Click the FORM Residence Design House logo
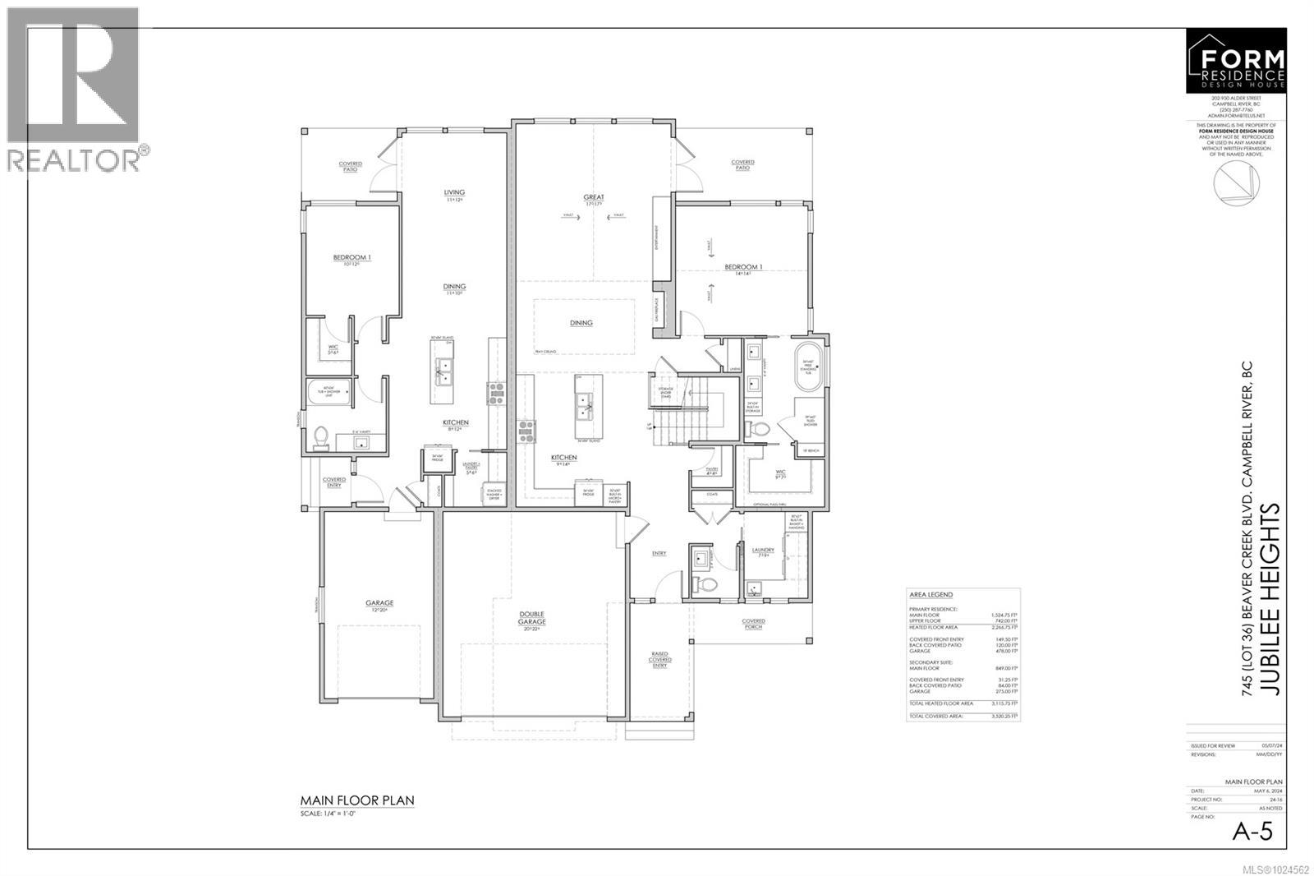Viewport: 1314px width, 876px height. click(1237, 61)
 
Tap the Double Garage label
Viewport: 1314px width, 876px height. click(532, 618)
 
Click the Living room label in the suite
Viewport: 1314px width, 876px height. click(454, 196)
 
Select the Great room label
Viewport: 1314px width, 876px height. click(593, 200)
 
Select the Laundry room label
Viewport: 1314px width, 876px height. click(763, 552)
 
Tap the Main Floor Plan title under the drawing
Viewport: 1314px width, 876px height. click(357, 800)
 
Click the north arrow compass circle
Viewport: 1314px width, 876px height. click(1237, 182)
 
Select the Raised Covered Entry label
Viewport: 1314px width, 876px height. click(660, 659)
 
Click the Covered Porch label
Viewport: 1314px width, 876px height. click(753, 624)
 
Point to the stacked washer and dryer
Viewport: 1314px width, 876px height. click(494, 494)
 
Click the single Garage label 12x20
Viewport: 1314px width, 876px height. click(379, 606)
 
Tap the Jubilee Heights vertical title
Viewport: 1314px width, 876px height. click(1270, 600)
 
